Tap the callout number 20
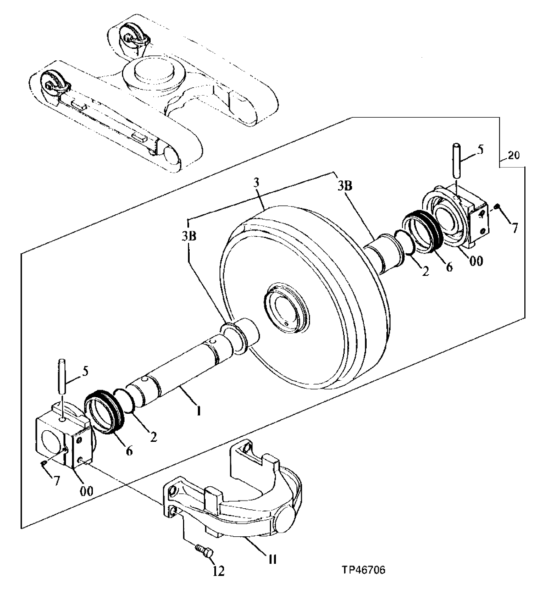click(512, 156)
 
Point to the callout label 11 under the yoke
click(272, 559)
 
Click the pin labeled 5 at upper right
click(457, 160)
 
